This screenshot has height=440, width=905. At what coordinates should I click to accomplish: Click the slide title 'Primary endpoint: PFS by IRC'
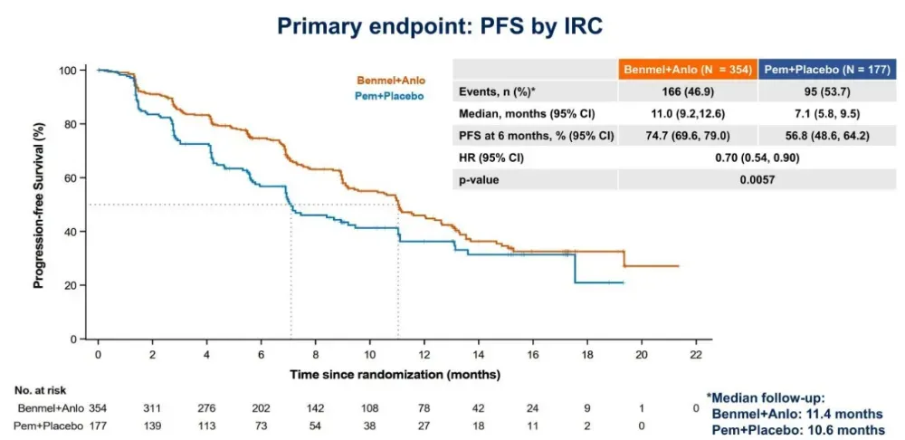point(439,26)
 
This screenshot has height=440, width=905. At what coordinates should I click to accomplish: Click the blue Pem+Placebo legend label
point(390,95)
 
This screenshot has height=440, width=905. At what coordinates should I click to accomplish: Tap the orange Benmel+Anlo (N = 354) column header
point(687,70)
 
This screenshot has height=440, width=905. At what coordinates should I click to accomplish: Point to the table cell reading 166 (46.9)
point(687,92)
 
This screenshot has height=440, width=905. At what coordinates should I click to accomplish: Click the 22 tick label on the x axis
point(695,354)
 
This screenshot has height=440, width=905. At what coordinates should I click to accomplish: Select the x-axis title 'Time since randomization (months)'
point(395,373)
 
